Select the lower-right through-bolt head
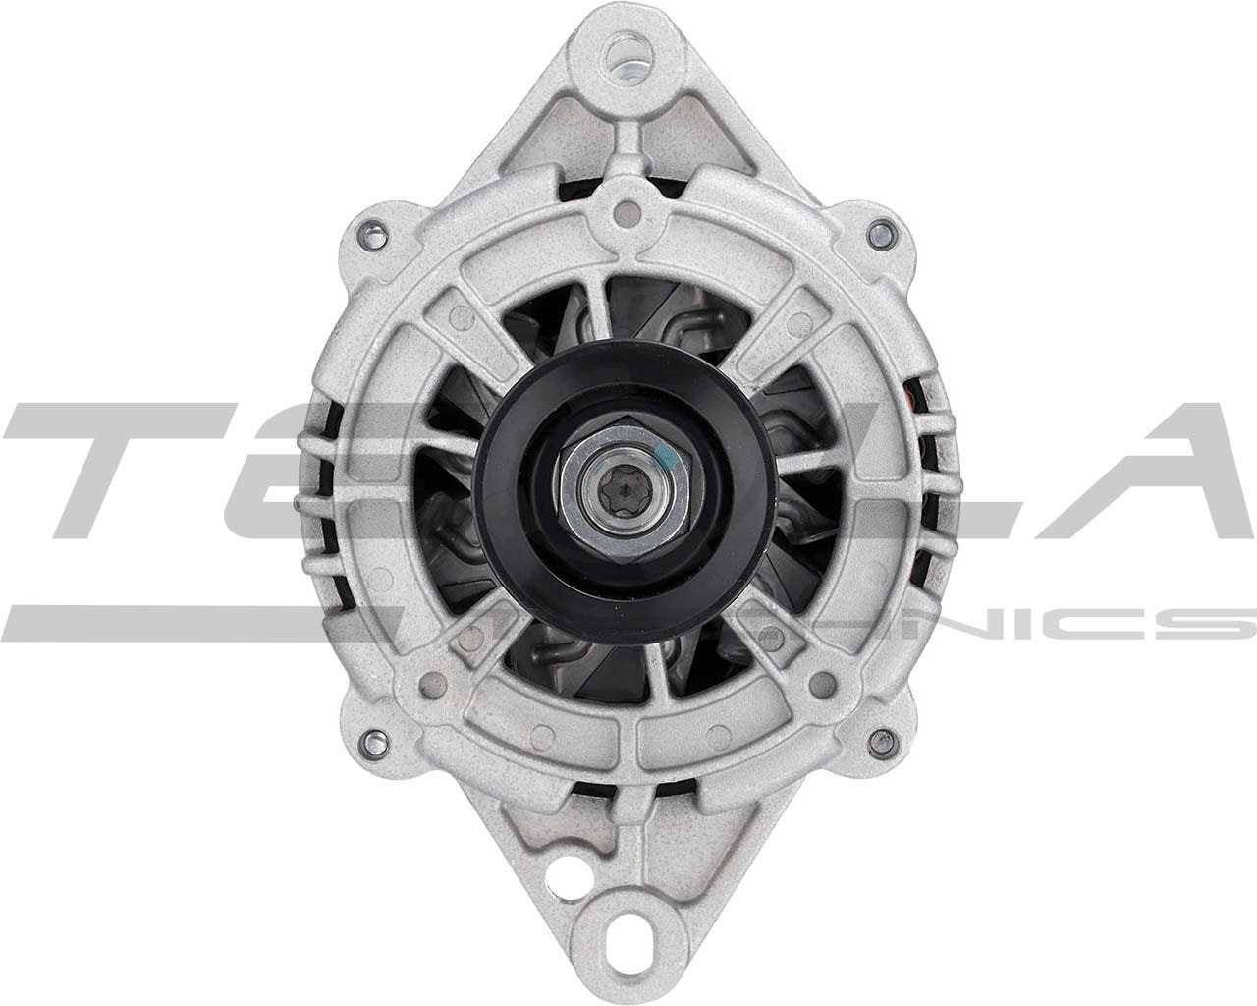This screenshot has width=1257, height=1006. (879, 737)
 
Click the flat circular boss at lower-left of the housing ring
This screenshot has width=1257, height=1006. (430, 682)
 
